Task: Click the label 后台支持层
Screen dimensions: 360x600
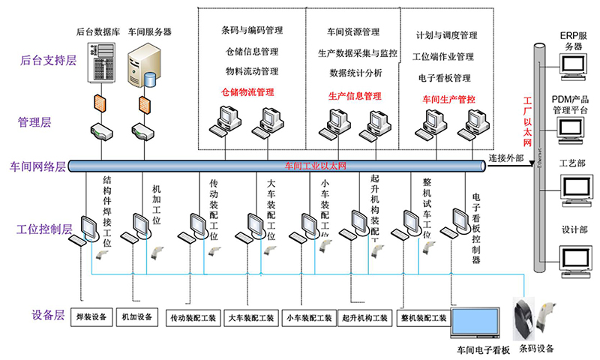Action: pyautogui.click(x=49, y=59)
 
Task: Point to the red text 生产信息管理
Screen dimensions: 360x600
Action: pyautogui.click(x=355, y=96)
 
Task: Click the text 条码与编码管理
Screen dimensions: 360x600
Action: pyautogui.click(x=251, y=31)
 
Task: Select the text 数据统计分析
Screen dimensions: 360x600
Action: pyautogui.click(x=355, y=73)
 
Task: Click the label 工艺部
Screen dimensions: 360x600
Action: pyautogui.click(x=574, y=163)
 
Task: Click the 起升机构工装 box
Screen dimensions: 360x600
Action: pyautogui.click(x=365, y=318)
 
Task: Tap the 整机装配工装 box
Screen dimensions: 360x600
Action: pyautogui.click(x=424, y=318)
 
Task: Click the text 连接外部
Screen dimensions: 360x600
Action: pyautogui.click(x=507, y=158)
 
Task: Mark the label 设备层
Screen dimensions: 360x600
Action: pyautogui.click(x=49, y=315)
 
